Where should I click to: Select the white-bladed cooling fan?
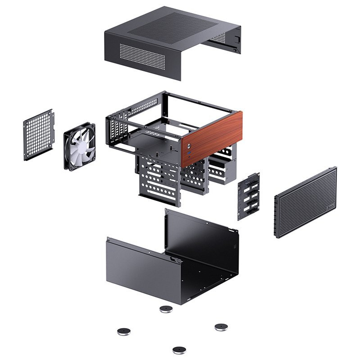80,146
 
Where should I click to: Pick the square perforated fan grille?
39,134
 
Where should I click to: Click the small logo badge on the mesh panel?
331,206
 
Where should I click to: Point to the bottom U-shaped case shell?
173,259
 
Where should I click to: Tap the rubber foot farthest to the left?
123,331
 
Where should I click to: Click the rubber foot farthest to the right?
221,327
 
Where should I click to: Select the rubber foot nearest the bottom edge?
179,350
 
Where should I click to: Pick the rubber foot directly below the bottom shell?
166,309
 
